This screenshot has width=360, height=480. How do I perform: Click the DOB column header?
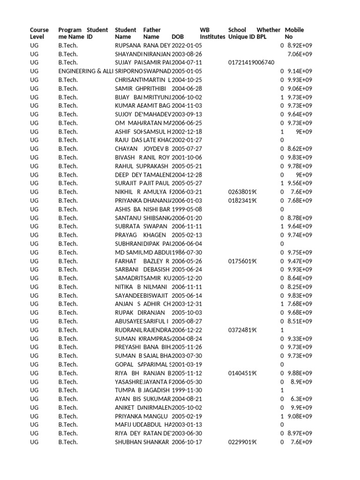tap(178, 37)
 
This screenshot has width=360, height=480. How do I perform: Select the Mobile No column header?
tap(294, 33)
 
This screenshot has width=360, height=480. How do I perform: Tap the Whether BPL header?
tap(268, 33)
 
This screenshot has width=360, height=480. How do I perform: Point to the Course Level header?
tap(39, 33)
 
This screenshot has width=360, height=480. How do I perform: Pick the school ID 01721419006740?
tap(251, 63)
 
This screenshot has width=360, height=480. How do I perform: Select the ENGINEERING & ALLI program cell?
tap(86, 71)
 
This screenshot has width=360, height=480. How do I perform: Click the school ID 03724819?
tap(242, 330)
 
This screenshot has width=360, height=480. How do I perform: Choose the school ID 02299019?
tap(242, 442)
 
